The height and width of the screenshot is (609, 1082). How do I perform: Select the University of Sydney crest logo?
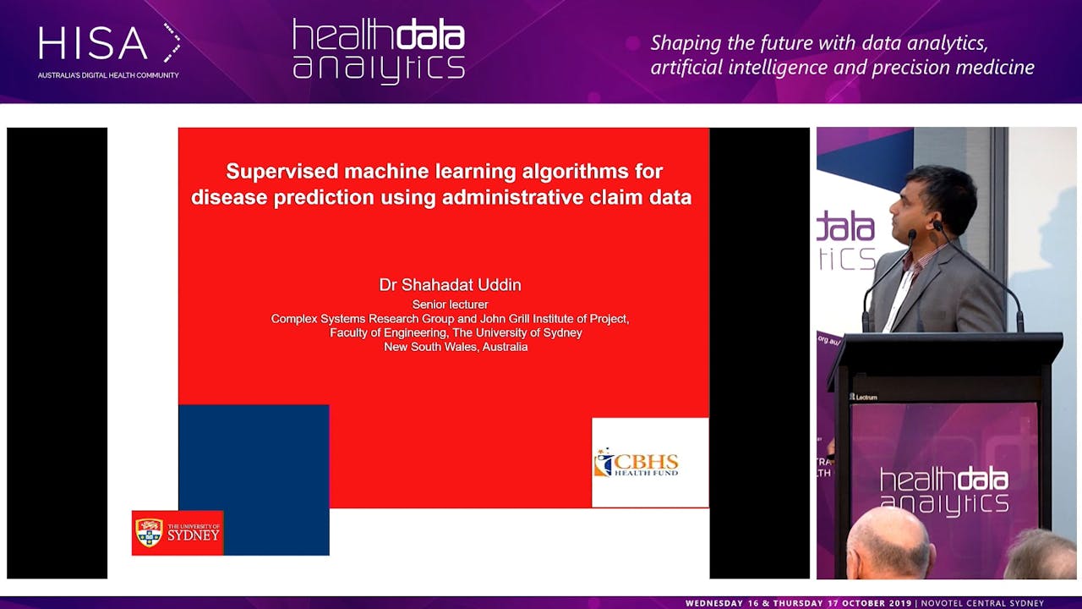pos(150,533)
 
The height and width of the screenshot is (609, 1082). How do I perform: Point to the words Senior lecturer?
pos(450,304)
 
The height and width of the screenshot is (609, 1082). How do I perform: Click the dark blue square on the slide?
pos(254,457)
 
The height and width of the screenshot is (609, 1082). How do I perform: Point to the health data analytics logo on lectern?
pos(943,491)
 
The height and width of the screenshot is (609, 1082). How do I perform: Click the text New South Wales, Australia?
pos(456,347)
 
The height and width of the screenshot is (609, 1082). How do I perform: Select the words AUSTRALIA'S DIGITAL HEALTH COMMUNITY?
pos(108,75)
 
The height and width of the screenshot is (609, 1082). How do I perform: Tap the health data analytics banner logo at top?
pos(378,51)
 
